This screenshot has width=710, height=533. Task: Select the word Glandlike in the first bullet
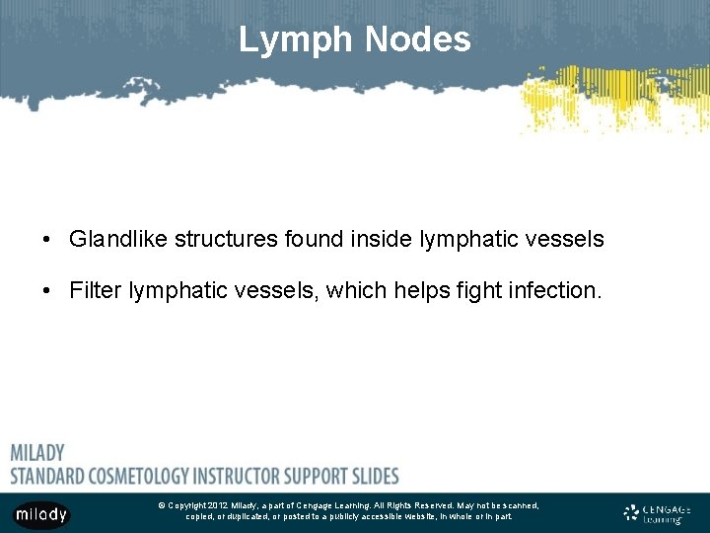117,239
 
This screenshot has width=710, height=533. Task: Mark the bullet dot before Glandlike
46,240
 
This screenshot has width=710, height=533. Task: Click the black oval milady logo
41,514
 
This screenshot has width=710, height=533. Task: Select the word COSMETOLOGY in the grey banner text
148,475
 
